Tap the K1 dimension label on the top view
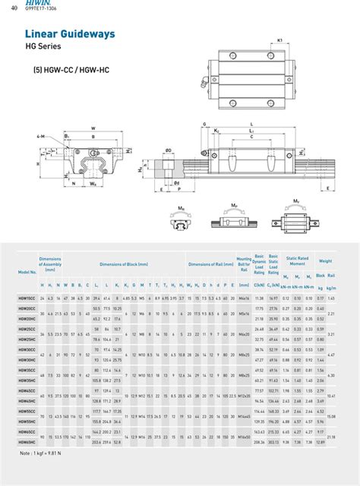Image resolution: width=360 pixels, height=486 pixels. click(x=280, y=39)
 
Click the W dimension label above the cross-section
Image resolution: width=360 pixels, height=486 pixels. click(x=93, y=128)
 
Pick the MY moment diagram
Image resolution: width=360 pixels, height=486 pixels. click(x=295, y=216)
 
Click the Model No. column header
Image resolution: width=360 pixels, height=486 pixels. click(x=27, y=271)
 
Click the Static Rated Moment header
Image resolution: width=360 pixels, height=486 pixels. click(x=296, y=260)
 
